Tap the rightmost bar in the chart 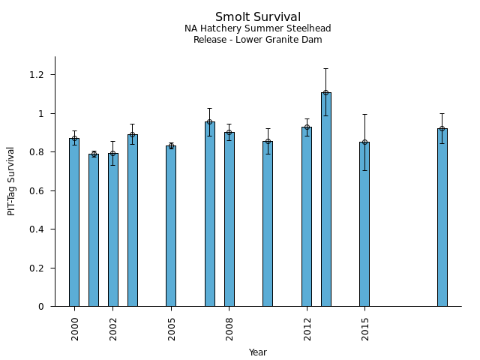pyautogui.click(x=442, y=217)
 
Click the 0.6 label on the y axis pyautogui.click(x=37, y=191)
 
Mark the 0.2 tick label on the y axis pyautogui.click(x=37, y=268)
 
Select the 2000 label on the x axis pyautogui.click(x=75, y=328)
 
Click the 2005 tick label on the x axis pyautogui.click(x=172, y=328)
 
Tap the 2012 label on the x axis pyautogui.click(x=307, y=328)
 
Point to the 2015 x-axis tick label pyautogui.click(x=365, y=328)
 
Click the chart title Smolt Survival pyautogui.click(x=258, y=17)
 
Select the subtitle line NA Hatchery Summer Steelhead pyautogui.click(x=258, y=29)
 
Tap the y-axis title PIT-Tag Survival pyautogui.click(x=11, y=181)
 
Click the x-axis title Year pyautogui.click(x=258, y=352)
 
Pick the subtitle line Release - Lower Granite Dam pyautogui.click(x=258, y=40)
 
